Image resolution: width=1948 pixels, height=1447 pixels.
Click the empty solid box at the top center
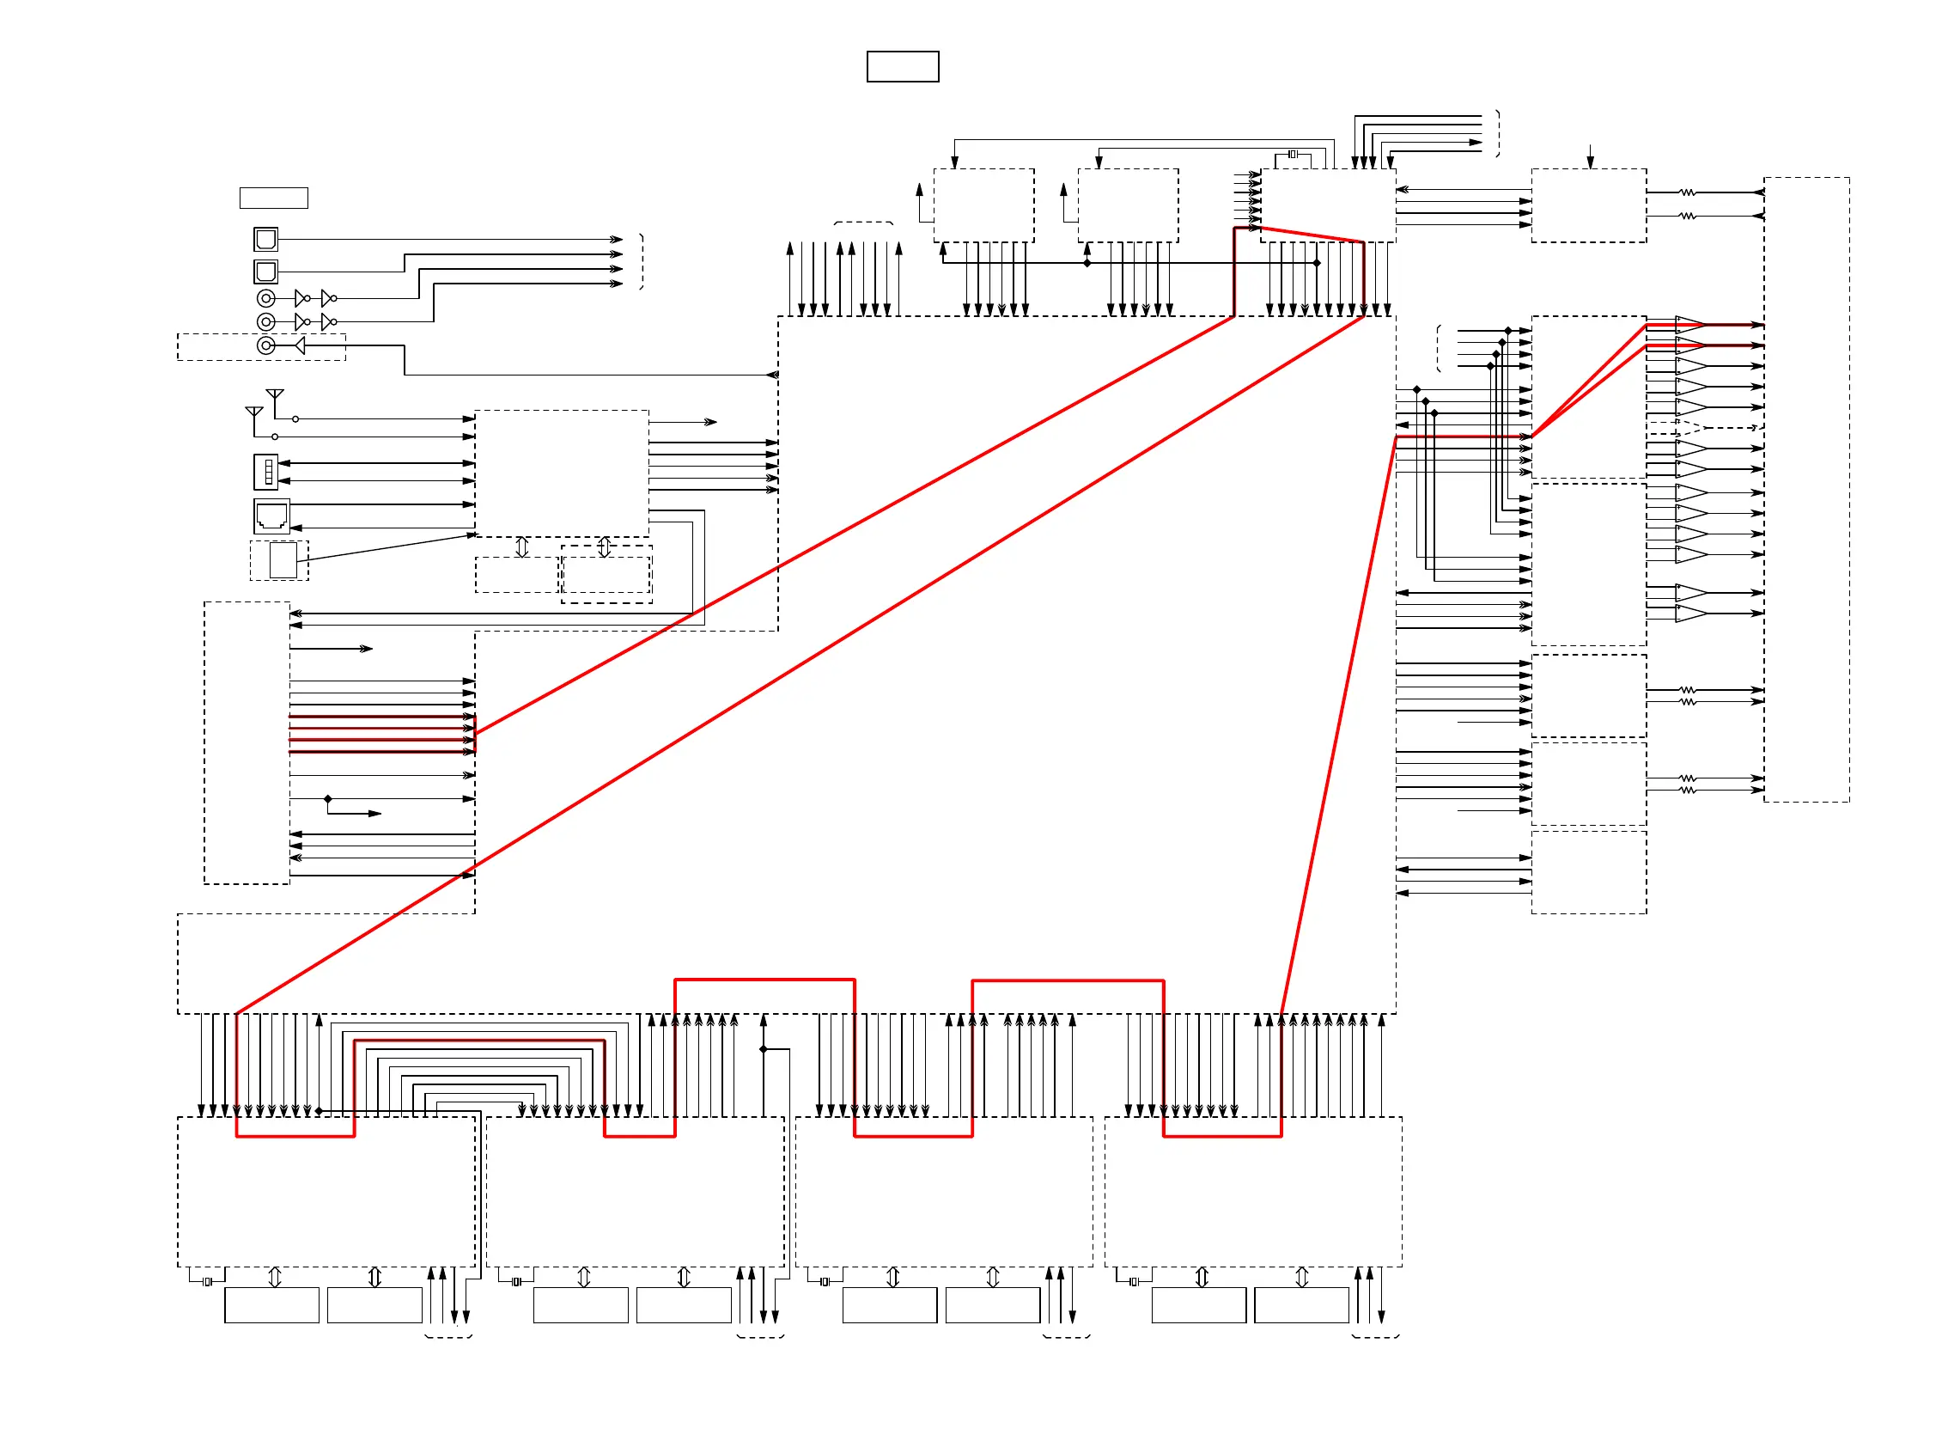tap(902, 66)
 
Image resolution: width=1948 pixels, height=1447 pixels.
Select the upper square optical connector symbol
tap(265, 239)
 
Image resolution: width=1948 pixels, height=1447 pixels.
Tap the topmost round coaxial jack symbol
tap(266, 299)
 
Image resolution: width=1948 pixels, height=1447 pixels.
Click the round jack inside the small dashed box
tap(266, 346)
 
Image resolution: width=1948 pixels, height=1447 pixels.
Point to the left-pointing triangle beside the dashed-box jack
tap(300, 346)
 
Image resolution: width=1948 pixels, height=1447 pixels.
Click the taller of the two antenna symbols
tap(275, 396)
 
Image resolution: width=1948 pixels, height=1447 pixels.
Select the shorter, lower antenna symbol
tap(254, 413)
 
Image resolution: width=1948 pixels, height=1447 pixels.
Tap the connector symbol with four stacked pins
tap(266, 472)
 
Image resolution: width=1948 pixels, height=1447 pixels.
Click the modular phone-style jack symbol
tap(271, 516)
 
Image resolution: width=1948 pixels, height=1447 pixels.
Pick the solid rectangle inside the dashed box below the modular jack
tap(283, 560)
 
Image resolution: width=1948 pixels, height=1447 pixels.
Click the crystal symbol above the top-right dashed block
tap(1293, 154)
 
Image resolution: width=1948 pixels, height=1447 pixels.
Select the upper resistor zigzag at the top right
tap(1687, 192)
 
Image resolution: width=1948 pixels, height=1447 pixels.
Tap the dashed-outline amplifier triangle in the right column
tap(1690, 428)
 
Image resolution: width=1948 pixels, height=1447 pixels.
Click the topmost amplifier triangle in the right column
tap(1690, 324)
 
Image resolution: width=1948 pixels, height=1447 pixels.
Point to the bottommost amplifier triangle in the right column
tap(1690, 614)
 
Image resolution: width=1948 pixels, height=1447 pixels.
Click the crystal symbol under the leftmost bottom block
tap(208, 1282)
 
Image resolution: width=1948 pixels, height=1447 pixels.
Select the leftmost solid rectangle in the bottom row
tap(271, 1306)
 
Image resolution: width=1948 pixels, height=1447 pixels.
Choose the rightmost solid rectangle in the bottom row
tap(1301, 1306)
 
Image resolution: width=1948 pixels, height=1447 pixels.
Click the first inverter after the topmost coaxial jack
tap(302, 299)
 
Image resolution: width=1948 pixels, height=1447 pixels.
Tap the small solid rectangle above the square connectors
tap(273, 198)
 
